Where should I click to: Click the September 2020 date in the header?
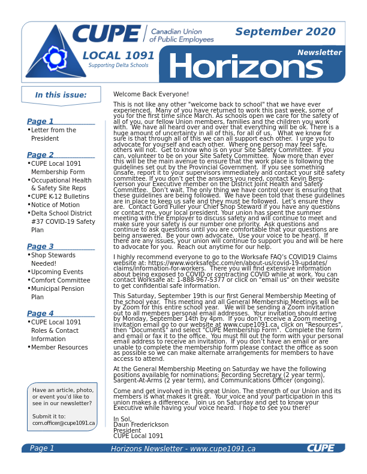(x=285, y=32)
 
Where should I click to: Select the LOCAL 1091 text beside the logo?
(x=118, y=56)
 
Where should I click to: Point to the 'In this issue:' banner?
(x=61, y=95)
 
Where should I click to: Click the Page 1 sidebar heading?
(x=40, y=121)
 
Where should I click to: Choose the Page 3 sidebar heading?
(x=40, y=247)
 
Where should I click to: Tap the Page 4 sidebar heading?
(x=40, y=314)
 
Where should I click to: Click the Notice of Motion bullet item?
(x=55, y=205)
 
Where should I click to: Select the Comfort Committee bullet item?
(x=61, y=280)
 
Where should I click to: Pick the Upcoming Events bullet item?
(x=57, y=272)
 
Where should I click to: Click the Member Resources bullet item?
(x=59, y=347)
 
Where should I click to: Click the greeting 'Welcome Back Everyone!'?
(x=151, y=94)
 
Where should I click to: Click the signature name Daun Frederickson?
(x=141, y=424)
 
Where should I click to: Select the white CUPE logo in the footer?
(x=320, y=448)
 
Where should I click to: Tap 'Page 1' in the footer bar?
(x=42, y=448)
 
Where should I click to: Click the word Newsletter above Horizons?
(x=319, y=53)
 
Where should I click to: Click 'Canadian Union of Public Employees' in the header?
(x=182, y=35)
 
